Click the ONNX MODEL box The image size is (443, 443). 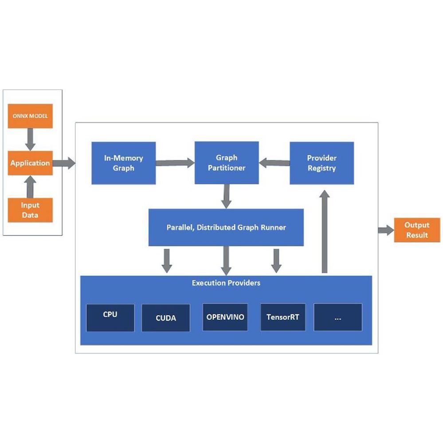[x=30, y=116]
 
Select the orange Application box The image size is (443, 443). [x=30, y=163]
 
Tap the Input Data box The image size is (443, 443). [x=30, y=210]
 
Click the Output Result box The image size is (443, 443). [x=417, y=230]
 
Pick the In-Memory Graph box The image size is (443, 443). [x=123, y=163]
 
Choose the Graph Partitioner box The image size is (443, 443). [x=227, y=163]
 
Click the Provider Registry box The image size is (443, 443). [x=321, y=163]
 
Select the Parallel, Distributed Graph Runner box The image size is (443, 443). [x=226, y=227]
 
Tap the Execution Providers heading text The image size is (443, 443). [x=226, y=282]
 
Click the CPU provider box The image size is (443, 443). [x=110, y=318]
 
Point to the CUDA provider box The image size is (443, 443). [x=165, y=318]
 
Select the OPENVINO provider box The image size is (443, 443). [x=225, y=317]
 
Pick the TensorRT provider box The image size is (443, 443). [x=283, y=317]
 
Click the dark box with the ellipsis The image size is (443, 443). [x=337, y=317]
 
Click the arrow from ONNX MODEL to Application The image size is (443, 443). [x=30, y=139]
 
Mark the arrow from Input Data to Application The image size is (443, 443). [x=30, y=186]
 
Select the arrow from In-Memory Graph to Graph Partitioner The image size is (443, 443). [x=175, y=163]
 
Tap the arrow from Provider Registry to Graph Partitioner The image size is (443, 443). [x=274, y=163]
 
